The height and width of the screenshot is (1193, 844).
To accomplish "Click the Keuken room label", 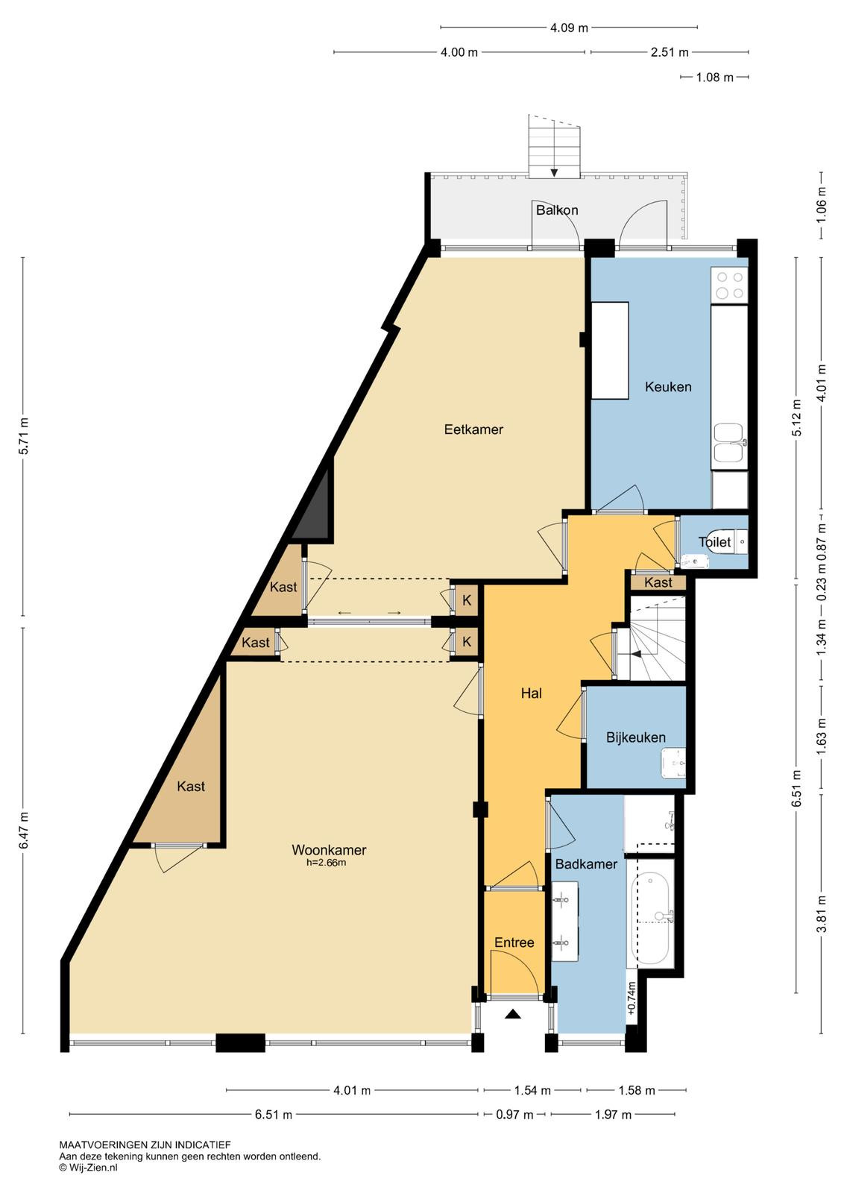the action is coord(668,387).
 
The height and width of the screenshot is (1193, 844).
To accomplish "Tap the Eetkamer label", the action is coord(473,429).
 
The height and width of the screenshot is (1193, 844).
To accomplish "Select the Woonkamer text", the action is coord(329,849).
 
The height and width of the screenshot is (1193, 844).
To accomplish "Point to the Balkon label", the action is coord(557,210).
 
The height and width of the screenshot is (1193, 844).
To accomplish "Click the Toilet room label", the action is coord(714,542).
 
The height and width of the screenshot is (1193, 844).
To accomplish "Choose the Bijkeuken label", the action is coord(636,737).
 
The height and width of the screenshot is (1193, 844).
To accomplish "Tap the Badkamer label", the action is coord(586,863).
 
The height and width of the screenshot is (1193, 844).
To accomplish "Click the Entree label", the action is coord(514,942).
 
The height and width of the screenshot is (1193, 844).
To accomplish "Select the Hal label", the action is coord(532,693).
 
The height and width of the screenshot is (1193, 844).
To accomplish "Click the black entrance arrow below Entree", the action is coord(513,1014).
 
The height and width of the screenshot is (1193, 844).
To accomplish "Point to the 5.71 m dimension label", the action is coord(23,435).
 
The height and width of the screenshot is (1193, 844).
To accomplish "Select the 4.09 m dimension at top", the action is coord(569,28).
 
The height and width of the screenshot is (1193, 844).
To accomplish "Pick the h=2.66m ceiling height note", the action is coord(326,863).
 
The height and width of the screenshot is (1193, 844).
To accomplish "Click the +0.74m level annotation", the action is coord(632,999).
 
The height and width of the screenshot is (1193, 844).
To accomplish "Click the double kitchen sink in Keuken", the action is coord(730,443).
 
